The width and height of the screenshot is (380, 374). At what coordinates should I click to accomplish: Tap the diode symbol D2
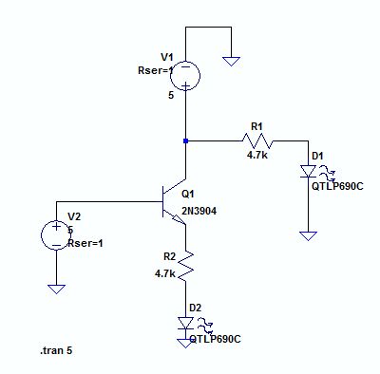[185, 324]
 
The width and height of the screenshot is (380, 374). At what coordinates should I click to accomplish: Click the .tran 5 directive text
[56, 351]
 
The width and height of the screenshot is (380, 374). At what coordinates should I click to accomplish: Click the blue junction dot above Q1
[185, 140]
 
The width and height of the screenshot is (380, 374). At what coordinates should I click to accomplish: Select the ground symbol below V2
[56, 288]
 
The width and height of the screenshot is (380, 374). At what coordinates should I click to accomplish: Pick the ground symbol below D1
[308, 233]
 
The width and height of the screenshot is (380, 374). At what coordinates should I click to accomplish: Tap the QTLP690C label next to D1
[337, 186]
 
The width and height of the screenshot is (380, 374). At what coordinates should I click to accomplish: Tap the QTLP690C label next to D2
[215, 338]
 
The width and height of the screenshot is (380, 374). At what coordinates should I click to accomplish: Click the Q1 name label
[188, 193]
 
